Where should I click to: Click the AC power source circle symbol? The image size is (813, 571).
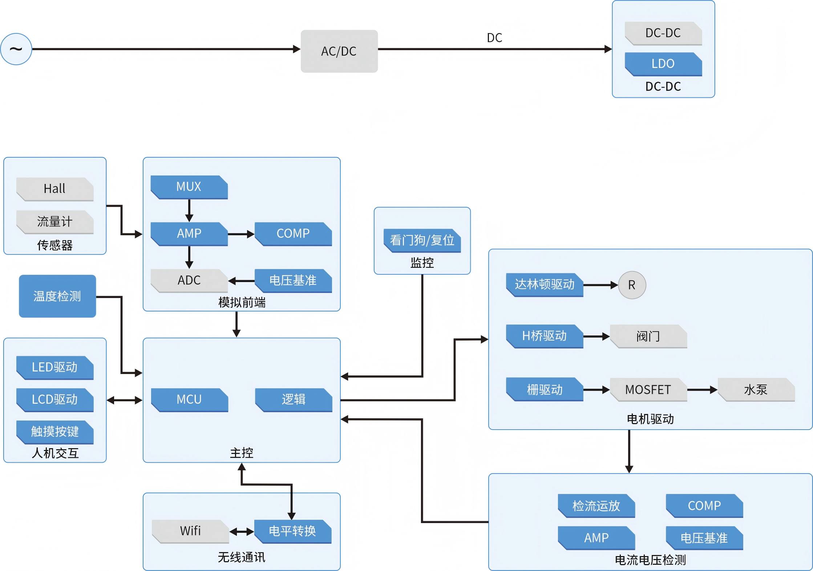tap(16, 49)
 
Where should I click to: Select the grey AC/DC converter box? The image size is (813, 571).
tap(339, 51)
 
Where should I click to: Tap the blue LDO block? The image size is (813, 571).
tap(663, 64)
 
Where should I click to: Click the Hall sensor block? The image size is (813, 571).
tap(55, 189)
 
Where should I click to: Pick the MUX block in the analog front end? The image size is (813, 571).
tap(189, 187)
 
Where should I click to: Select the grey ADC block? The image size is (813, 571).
tap(189, 280)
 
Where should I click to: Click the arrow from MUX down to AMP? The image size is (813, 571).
tap(189, 210)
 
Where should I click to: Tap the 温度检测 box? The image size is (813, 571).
tap(57, 296)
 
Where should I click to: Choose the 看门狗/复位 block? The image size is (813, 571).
tap(422, 240)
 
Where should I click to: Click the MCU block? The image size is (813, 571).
tap(189, 399)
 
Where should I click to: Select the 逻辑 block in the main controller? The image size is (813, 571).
tap(294, 399)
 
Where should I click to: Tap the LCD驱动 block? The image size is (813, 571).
tap(55, 399)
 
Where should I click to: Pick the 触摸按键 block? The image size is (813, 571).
tap(55, 432)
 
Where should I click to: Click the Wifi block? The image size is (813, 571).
tap(190, 531)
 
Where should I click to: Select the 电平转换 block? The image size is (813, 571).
tap(292, 531)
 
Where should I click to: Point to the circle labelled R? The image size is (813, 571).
tap(632, 285)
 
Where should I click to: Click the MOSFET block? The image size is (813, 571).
tap(648, 390)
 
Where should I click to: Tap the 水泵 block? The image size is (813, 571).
tap(756, 390)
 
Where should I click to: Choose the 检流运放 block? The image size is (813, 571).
tap(596, 506)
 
